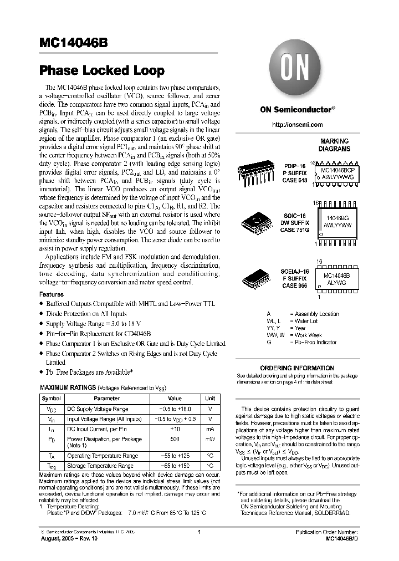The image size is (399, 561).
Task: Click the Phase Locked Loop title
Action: (101, 70)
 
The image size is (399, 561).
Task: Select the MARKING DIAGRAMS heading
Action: (334, 145)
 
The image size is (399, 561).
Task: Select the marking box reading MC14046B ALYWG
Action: (340, 277)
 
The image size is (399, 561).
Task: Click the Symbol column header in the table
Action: (52, 398)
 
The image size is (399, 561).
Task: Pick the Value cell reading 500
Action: (175, 438)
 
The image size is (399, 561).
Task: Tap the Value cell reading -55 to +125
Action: (175, 456)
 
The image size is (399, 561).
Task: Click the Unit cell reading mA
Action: (210, 429)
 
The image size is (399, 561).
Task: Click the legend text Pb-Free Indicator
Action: (316, 343)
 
